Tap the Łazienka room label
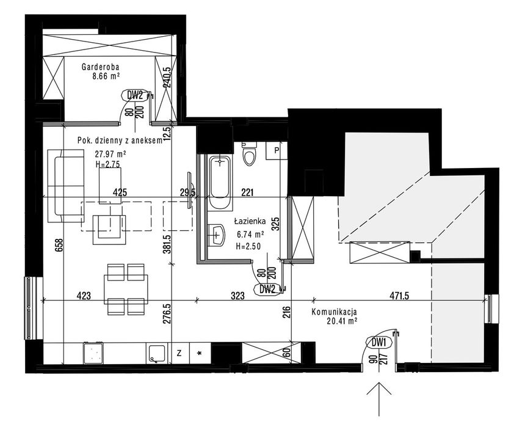[250, 221]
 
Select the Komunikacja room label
[334, 312]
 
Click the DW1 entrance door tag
[379, 342]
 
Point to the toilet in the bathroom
[250, 155]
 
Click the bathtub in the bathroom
[220, 183]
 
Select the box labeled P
[277, 150]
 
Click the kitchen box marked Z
[179, 353]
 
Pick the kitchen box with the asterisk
[200, 353]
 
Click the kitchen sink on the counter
[156, 354]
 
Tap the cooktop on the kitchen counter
[93, 353]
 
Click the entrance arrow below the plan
[379, 399]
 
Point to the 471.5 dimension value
[399, 296]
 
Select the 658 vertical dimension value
[59, 246]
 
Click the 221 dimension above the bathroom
[247, 192]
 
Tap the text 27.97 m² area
[110, 155]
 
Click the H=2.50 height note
[248, 247]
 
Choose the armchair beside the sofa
[109, 230]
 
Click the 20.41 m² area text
[341, 321]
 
